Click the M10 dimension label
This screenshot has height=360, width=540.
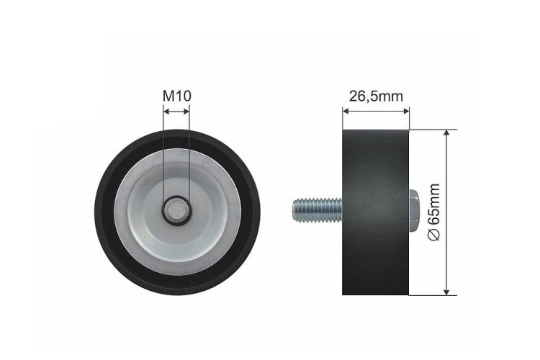pos(176,96)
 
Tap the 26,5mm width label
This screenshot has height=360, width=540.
pos(376,96)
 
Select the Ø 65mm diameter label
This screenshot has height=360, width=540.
pos(434,212)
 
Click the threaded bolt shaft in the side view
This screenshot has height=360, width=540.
pos(318,210)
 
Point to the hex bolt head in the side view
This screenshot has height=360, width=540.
pos(414,210)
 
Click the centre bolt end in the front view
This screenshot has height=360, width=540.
pos(176,210)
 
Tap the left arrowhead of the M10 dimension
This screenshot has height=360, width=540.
pos(166,112)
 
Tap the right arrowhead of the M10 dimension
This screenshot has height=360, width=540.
pos(186,112)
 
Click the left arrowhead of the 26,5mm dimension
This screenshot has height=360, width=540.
pos(346,111)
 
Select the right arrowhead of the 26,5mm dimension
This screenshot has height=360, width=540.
pos(405,111)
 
